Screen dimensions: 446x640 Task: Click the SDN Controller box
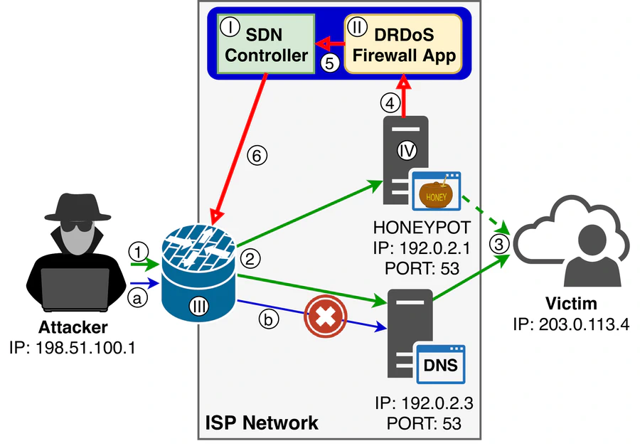coord(266,43)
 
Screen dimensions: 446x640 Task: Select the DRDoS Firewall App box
coord(402,43)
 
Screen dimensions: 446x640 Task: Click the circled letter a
coord(138,299)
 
